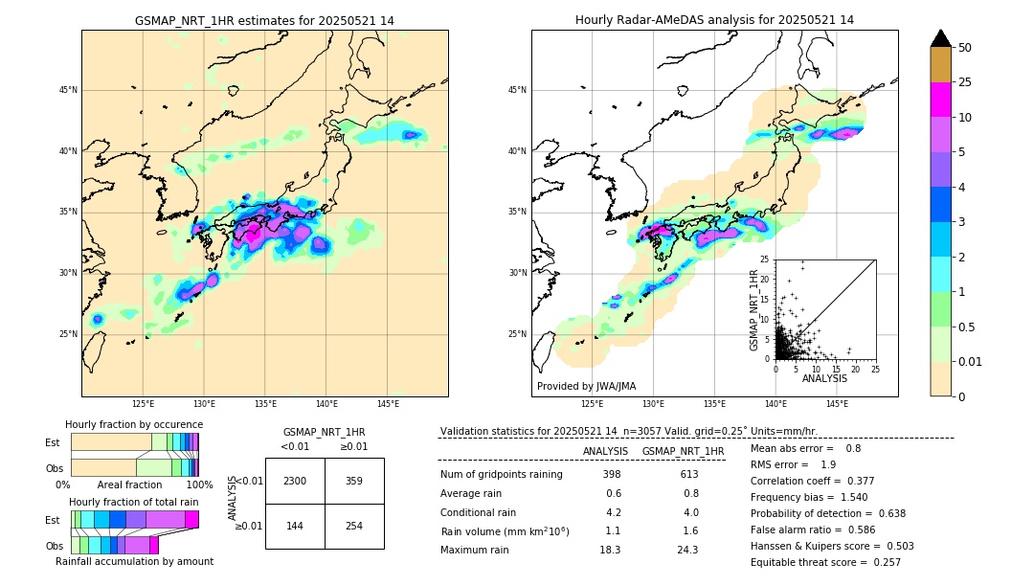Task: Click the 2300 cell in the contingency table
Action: tap(295, 481)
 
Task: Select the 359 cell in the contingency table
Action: tap(354, 481)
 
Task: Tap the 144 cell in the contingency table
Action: tap(295, 527)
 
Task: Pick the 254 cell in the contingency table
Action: tap(354, 527)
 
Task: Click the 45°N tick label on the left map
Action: tap(68, 90)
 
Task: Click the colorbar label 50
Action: tap(965, 48)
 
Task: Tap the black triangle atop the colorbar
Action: tap(941, 38)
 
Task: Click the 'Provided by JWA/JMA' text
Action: tap(586, 386)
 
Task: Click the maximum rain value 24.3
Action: tap(689, 550)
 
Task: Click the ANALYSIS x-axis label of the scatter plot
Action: tap(824, 378)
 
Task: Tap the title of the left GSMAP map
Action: tap(264, 20)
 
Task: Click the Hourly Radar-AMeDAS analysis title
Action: tap(714, 20)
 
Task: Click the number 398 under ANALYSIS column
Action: tap(612, 474)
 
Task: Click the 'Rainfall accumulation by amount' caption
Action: tap(134, 561)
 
